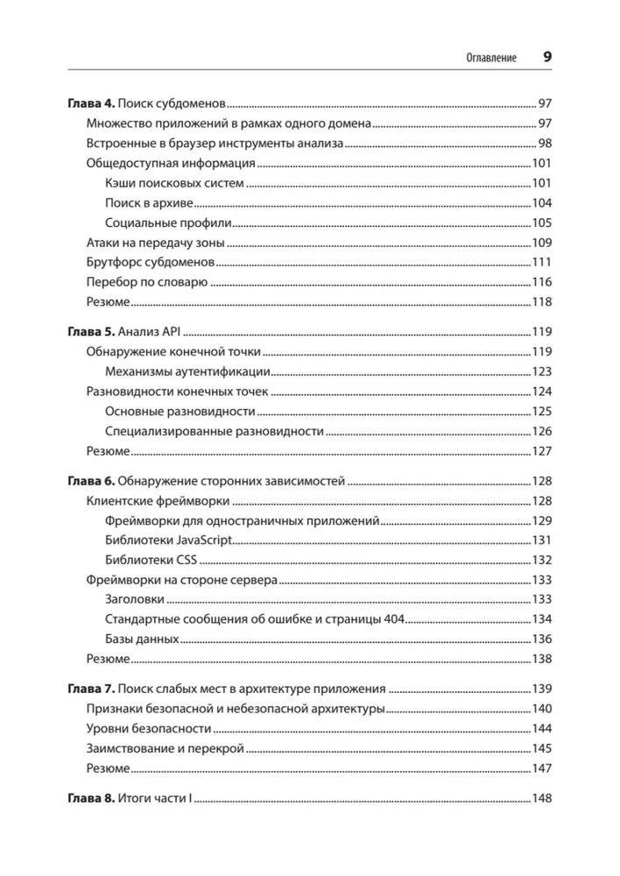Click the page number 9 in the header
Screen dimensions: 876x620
coord(546,57)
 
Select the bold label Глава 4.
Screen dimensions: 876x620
coord(91,102)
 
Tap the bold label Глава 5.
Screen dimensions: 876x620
coord(91,332)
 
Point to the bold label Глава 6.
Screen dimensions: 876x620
coord(91,480)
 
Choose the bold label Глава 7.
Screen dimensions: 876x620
coord(91,689)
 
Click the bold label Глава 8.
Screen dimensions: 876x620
coord(91,799)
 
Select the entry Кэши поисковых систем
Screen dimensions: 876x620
coord(173,183)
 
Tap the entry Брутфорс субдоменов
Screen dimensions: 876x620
coord(150,262)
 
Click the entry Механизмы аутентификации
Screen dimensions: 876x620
coord(187,371)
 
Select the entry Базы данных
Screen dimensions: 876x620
coord(142,639)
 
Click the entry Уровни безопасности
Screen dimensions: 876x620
coord(148,729)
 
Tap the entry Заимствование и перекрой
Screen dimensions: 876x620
coord(165,748)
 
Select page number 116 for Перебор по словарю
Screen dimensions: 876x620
coord(541,282)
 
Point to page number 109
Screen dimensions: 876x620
coord(541,243)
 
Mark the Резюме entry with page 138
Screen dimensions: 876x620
coord(109,659)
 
